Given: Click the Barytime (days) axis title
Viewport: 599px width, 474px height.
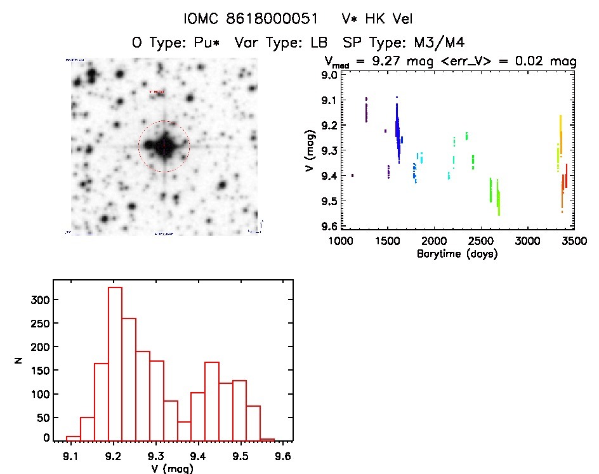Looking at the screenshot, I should point(457,254).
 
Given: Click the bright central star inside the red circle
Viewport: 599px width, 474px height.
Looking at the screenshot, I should point(164,145).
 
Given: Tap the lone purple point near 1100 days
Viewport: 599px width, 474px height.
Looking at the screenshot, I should point(352,175).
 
